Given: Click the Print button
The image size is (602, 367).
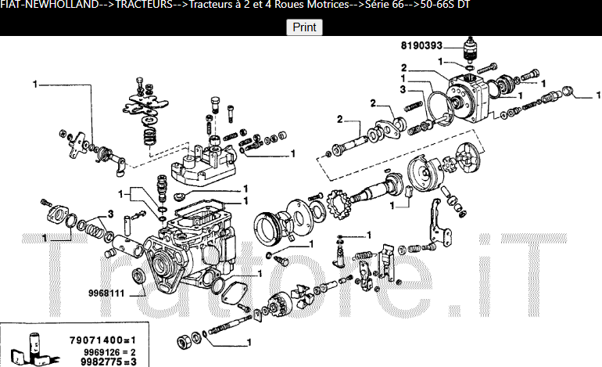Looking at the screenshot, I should (304, 27).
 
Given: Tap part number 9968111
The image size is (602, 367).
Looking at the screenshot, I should (105, 293).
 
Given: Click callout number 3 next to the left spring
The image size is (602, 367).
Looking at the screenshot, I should (111, 214).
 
